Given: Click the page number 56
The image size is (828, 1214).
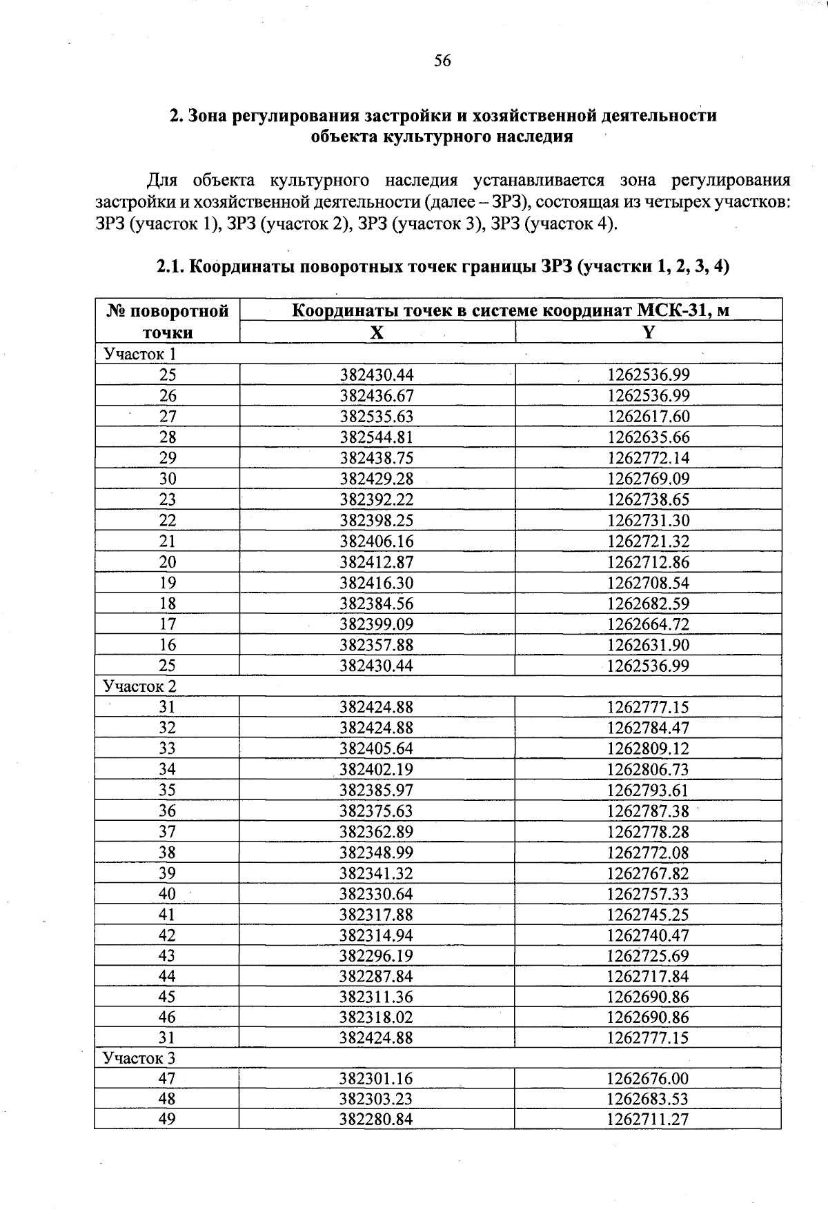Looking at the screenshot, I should click(x=442, y=61).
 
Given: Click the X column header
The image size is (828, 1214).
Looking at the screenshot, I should click(x=377, y=332).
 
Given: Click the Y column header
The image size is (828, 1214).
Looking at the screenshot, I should click(x=648, y=332).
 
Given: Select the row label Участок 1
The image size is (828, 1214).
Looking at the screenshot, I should click(x=140, y=354).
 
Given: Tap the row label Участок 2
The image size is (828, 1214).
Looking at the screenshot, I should click(x=140, y=686).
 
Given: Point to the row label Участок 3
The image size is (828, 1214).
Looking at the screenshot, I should click(x=139, y=1058).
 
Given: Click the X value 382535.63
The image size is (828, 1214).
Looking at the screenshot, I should click(x=377, y=417).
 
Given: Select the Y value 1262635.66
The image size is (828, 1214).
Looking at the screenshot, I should click(x=648, y=437).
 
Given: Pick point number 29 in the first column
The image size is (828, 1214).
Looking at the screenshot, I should click(x=168, y=458).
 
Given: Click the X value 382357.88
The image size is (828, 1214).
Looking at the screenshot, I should click(x=377, y=645).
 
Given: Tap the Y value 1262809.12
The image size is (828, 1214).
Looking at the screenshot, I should click(x=648, y=748).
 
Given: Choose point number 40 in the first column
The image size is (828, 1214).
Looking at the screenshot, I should click(x=168, y=894).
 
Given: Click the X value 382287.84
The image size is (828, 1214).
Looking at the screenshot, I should click(x=376, y=976).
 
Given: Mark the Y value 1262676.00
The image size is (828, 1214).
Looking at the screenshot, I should click(x=648, y=1079).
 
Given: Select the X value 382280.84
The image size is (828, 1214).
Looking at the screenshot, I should click(x=376, y=1119).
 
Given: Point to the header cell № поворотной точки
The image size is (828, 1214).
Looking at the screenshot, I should click(x=168, y=321).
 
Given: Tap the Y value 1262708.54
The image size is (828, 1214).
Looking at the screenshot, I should click(x=648, y=583).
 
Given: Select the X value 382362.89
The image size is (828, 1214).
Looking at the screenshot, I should click(x=376, y=832).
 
